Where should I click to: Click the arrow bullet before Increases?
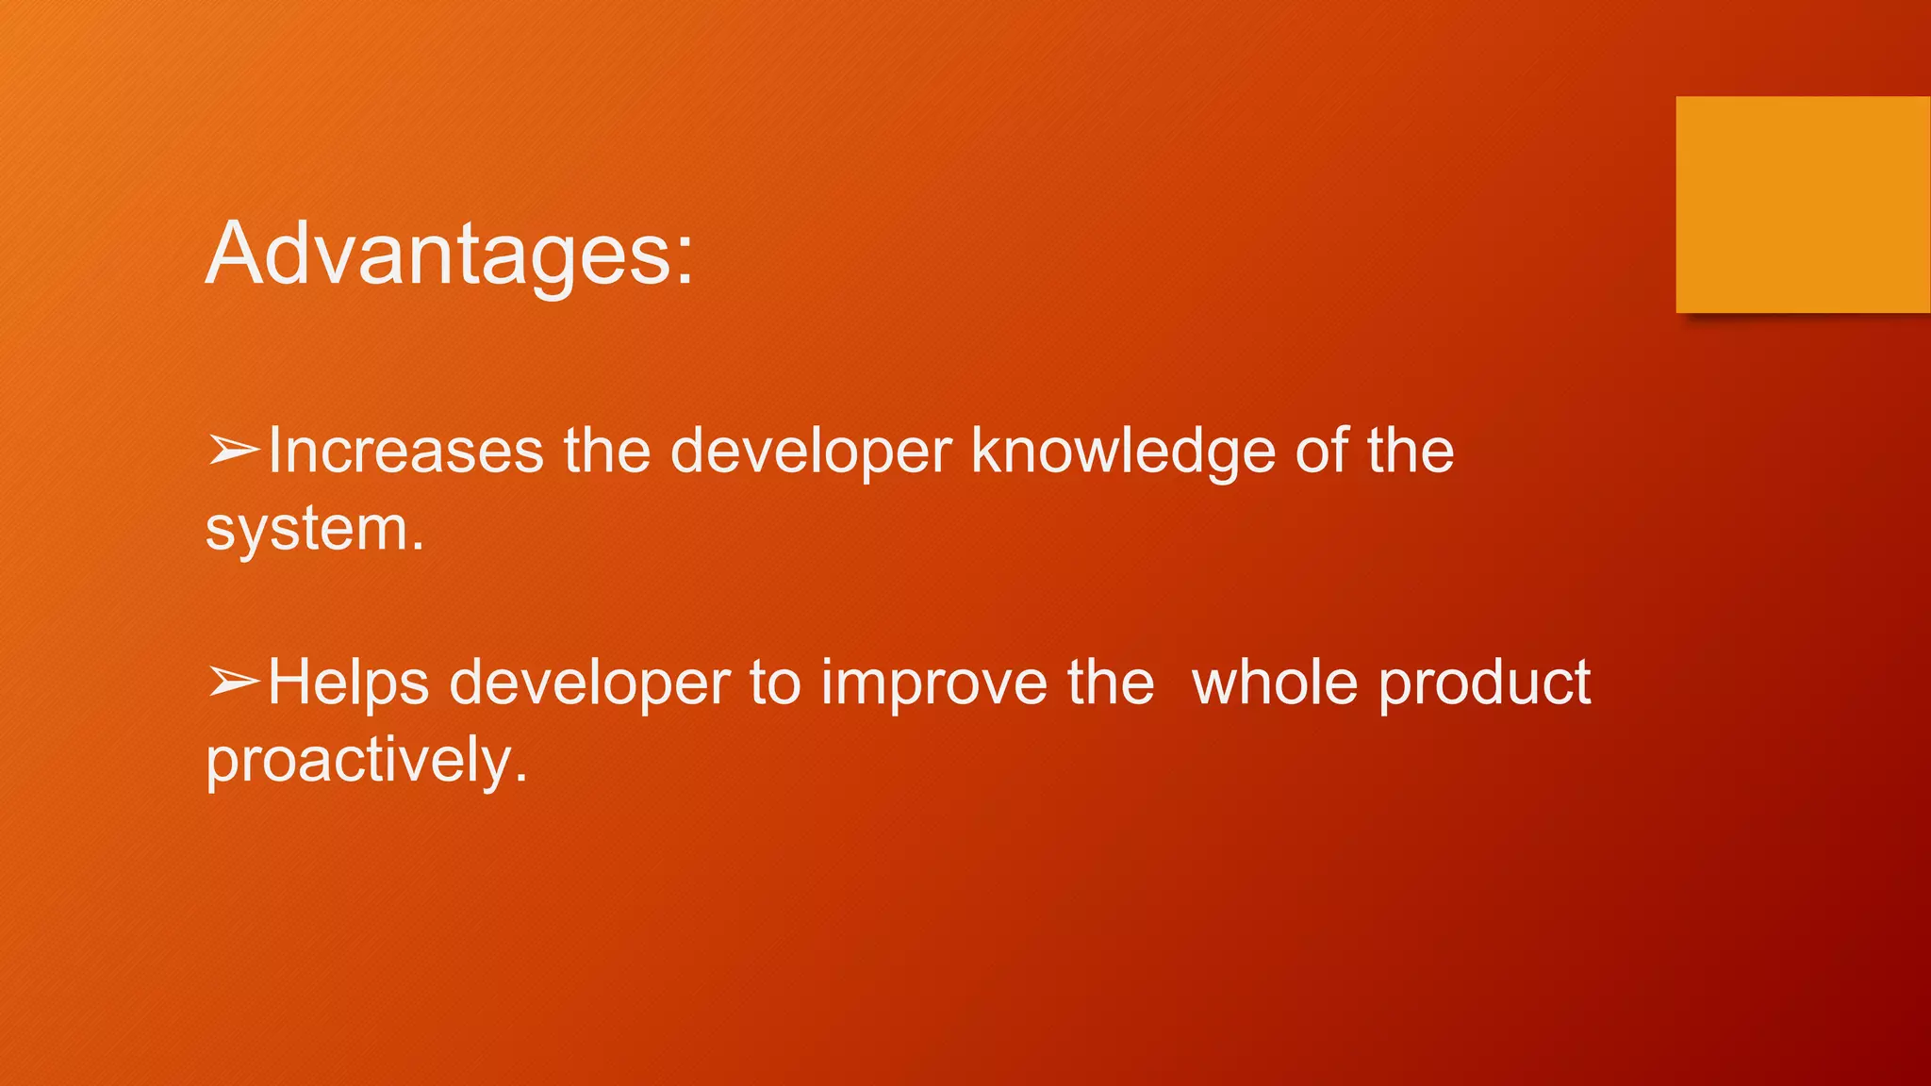233,451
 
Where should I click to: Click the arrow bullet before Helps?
233,682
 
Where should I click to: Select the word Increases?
406,451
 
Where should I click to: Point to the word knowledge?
1123,451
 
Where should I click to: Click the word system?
306,530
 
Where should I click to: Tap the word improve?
933,682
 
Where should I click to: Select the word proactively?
358,761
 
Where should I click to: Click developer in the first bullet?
811,451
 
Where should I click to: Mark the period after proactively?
520,780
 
